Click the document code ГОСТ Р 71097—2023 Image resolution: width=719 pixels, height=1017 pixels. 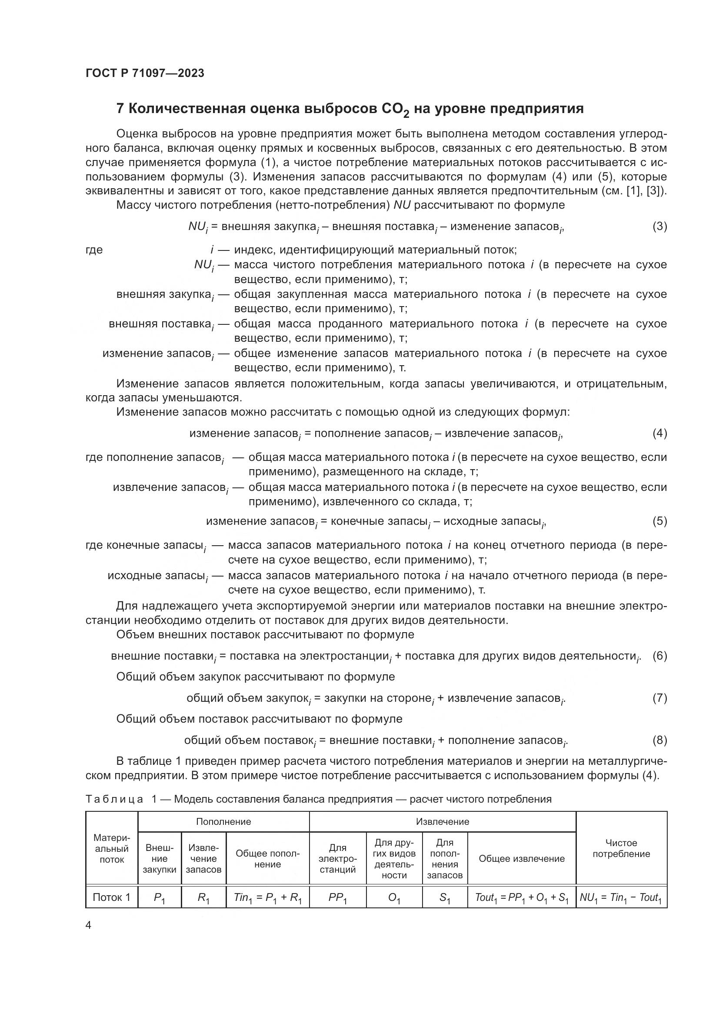tap(145, 73)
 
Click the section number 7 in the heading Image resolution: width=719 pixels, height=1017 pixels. tap(120, 109)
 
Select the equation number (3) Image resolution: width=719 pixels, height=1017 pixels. tap(659, 227)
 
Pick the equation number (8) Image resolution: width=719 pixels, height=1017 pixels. tap(659, 740)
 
